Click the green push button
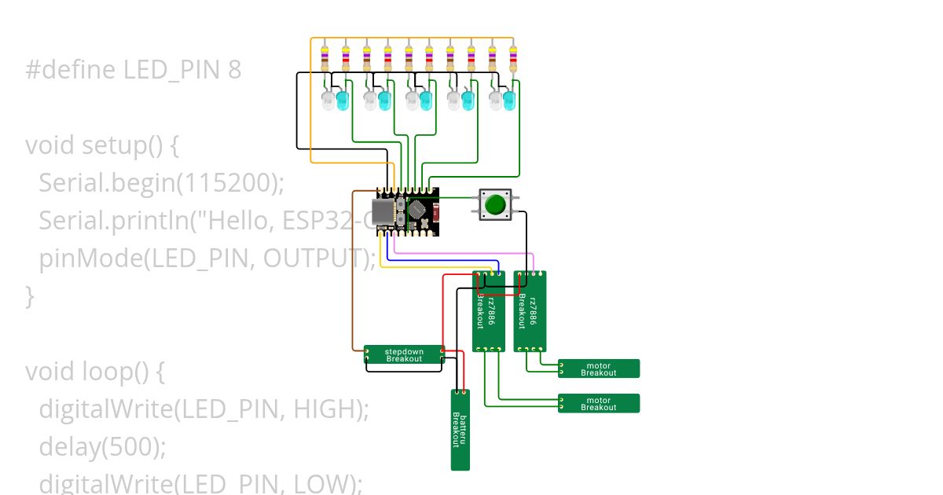tap(495, 205)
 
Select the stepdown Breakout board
tap(404, 355)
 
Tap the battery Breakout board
tap(460, 430)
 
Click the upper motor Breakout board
tap(599, 368)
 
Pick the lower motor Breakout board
tap(599, 403)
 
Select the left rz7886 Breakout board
tap(488, 311)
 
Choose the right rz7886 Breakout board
tap(530, 311)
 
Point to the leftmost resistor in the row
tap(325, 58)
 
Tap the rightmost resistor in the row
tap(513, 58)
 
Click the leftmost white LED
tap(328, 101)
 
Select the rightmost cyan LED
tap(509, 101)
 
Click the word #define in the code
tap(72, 71)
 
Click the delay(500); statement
tap(102, 446)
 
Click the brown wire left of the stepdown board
tap(352, 275)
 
